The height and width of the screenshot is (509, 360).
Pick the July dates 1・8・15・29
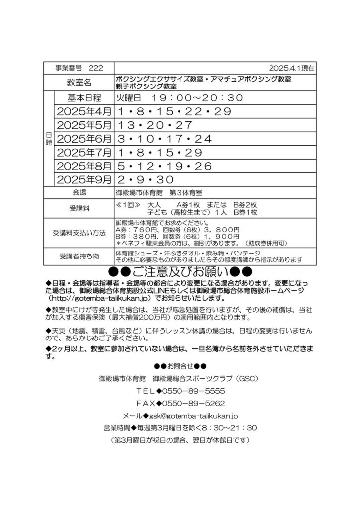[160, 152]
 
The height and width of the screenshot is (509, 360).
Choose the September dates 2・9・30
[145, 179]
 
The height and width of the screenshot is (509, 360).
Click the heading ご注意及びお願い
[180, 272]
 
